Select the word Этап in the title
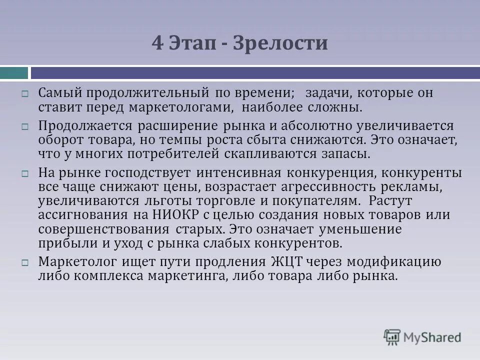pyautogui.click(x=192, y=43)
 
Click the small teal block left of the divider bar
pyautogui.click(x=13, y=73)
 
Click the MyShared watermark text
pyautogui.click(x=433, y=337)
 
